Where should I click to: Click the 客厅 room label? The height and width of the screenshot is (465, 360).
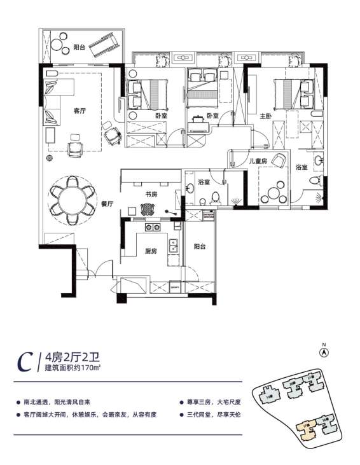pyautogui.click(x=80, y=110)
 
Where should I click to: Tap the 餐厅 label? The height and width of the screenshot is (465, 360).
pyautogui.click(x=107, y=204)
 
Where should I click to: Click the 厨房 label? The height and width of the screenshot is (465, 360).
pyautogui.click(x=151, y=251)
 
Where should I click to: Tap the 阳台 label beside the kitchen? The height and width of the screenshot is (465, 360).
pyautogui.click(x=199, y=246)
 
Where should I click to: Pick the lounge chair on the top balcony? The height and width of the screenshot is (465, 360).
pyautogui.click(x=104, y=44)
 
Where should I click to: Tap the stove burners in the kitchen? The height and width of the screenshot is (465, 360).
pyautogui.click(x=152, y=227)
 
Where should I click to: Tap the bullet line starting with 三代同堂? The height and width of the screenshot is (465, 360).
pyautogui.click(x=212, y=414)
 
